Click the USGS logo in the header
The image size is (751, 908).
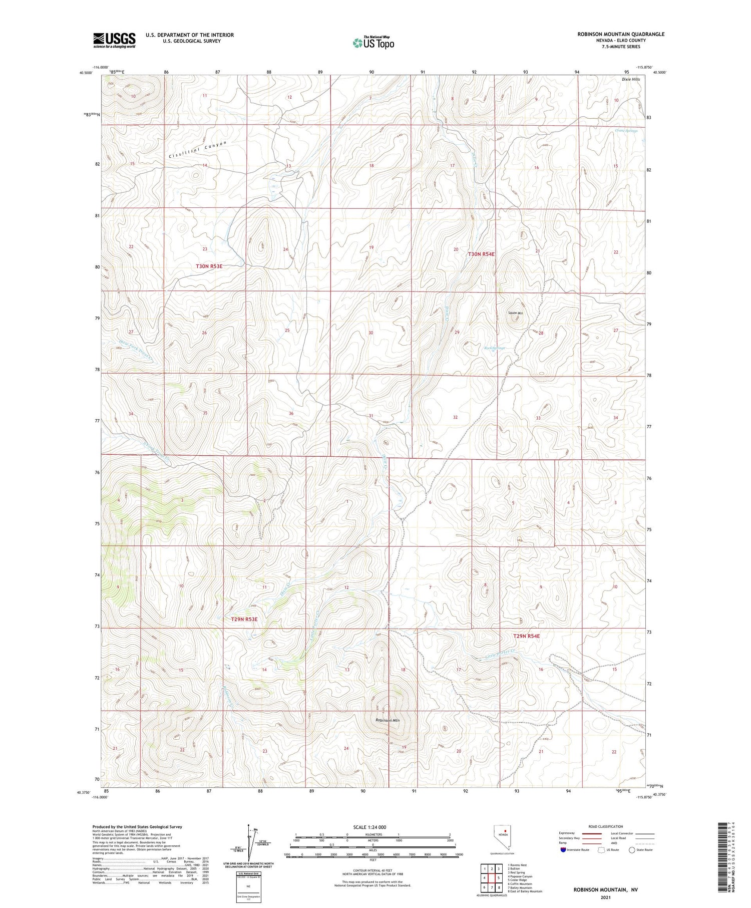[x=114, y=40]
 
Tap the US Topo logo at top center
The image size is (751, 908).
[x=373, y=43]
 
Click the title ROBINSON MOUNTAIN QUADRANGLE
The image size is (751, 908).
[x=621, y=34]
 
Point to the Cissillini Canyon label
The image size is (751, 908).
[x=197, y=150]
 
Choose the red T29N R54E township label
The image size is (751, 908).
[x=526, y=636]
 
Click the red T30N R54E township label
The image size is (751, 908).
[x=481, y=254]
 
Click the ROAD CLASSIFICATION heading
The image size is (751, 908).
[x=605, y=826]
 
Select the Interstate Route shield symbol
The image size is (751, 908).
[x=563, y=850]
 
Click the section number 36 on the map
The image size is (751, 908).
[x=291, y=414]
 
